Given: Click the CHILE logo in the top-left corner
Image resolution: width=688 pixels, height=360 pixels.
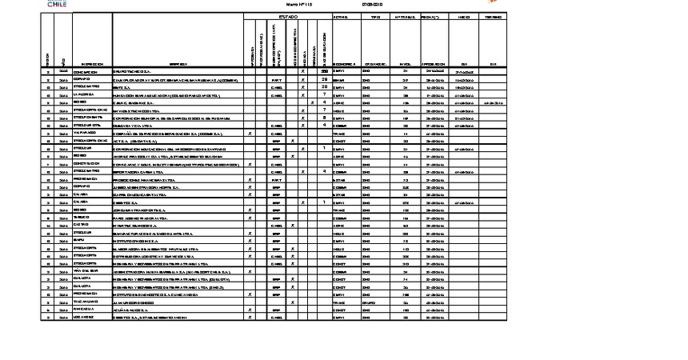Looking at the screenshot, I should [57, 4].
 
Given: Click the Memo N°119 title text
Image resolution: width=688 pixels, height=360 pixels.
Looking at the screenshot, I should [287, 5].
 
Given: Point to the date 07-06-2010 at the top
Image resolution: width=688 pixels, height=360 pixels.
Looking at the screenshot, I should [373, 5].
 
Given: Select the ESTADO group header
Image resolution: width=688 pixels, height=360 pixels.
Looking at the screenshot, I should [288, 16].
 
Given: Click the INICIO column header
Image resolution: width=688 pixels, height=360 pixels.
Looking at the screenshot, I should [464, 16].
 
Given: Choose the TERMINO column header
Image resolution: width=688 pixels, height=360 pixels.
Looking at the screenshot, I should [494, 16].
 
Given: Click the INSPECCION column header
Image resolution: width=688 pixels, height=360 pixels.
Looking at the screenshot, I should [91, 64].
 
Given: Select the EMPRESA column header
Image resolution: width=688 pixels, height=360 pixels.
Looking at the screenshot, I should [178, 64].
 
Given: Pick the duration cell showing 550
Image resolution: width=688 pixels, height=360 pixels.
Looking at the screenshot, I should [324, 72].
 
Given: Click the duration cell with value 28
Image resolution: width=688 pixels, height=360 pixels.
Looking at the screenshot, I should [324, 80].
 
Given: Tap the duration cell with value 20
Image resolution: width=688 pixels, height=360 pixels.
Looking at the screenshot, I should [324, 87].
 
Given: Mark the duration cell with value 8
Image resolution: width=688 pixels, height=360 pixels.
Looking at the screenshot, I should [324, 118].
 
